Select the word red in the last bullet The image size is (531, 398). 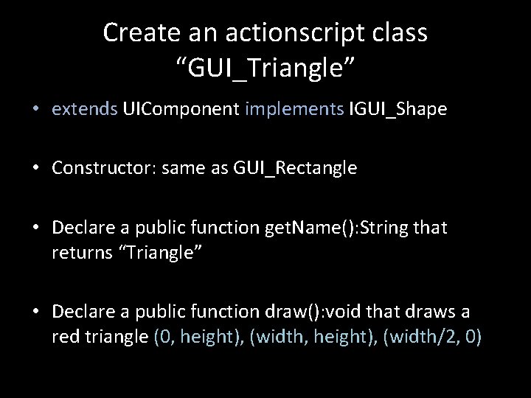(x=65, y=338)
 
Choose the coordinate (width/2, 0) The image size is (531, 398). (x=433, y=338)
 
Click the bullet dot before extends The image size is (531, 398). (x=36, y=110)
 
